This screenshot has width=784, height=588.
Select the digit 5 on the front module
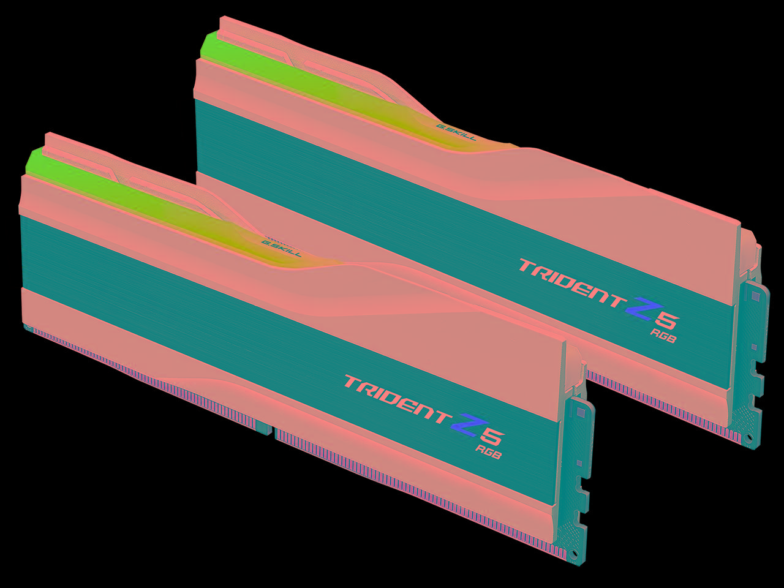[x=492, y=435]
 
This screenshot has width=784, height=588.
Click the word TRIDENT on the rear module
[x=570, y=282]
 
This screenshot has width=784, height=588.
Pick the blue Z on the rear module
[x=639, y=309]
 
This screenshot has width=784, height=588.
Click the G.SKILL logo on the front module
[x=281, y=247]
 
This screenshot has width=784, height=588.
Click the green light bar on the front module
[x=123, y=196]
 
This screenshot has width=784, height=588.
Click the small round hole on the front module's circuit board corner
[x=575, y=554]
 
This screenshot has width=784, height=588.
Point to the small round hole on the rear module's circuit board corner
[x=748, y=437]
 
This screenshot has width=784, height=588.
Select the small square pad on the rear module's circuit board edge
[x=755, y=296]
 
